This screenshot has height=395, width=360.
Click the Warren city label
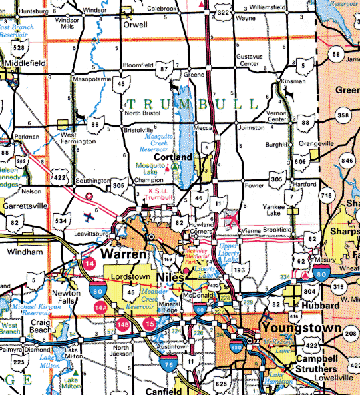(123, 255)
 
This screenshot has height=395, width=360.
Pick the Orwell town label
(136, 24)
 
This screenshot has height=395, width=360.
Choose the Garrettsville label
(23, 206)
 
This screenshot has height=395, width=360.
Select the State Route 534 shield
(61, 220)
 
